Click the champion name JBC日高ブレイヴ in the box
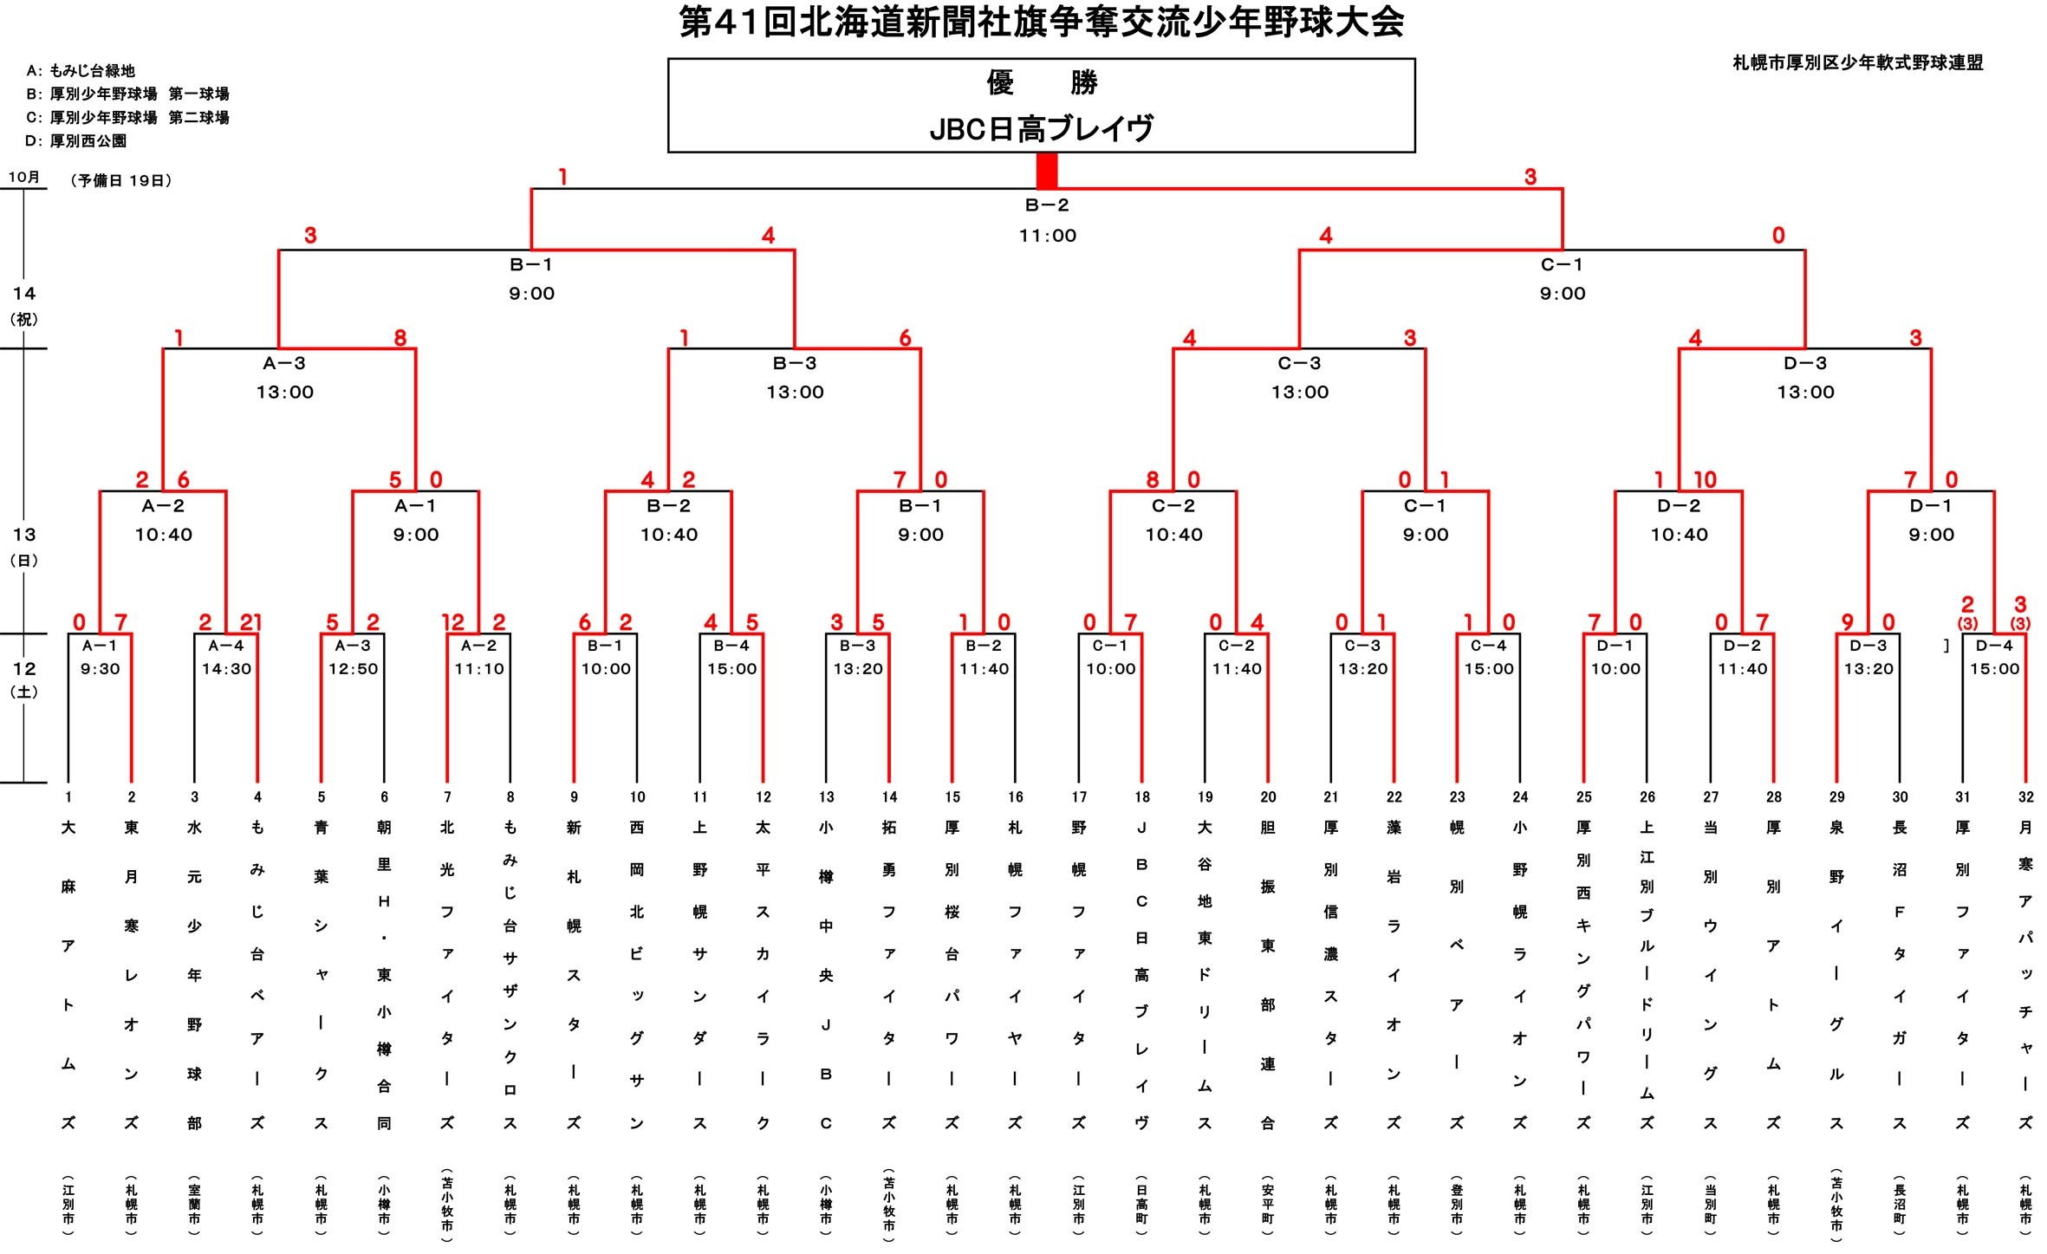pyautogui.click(x=1041, y=129)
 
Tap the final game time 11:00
pyautogui.click(x=1047, y=236)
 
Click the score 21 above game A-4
pyautogui.click(x=250, y=621)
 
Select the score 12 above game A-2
pyautogui.click(x=452, y=621)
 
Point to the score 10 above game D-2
pyautogui.click(x=1704, y=479)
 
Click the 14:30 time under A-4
pyautogui.click(x=226, y=669)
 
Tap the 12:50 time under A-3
pyautogui.click(x=353, y=669)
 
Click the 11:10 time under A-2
pyautogui.click(x=479, y=669)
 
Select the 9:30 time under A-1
pyautogui.click(x=100, y=669)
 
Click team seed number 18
pyautogui.click(x=1142, y=797)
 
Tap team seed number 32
pyautogui.click(x=2025, y=797)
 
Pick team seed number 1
pyautogui.click(x=68, y=797)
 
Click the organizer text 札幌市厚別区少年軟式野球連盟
pyautogui.click(x=1857, y=62)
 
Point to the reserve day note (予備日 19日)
pyautogui.click(x=121, y=180)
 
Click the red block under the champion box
pyautogui.click(x=1047, y=171)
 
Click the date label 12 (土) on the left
pyautogui.click(x=24, y=679)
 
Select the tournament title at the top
pyautogui.click(x=1041, y=23)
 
